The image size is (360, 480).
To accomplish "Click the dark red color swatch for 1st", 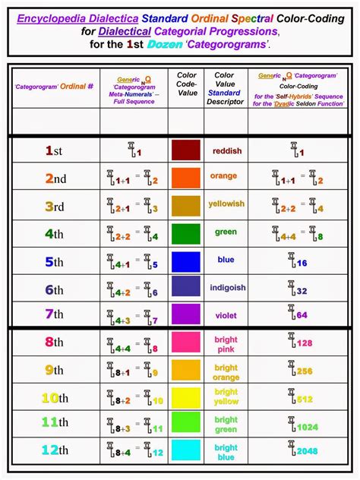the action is (185, 150).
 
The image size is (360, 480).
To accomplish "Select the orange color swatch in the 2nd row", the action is (185, 178).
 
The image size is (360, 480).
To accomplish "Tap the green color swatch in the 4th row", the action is (185, 233).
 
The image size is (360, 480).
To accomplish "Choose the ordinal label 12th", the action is (54, 450).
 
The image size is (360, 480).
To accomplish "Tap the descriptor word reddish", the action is (226, 151).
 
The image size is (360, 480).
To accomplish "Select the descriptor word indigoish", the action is (226, 288).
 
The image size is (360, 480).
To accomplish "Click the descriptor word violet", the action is (226, 314).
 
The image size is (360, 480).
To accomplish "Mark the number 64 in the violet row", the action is (302, 314).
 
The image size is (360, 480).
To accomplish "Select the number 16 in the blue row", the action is (301, 262).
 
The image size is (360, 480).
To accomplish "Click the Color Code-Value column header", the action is (186, 84).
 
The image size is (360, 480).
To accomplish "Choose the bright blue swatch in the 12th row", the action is (185, 450).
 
